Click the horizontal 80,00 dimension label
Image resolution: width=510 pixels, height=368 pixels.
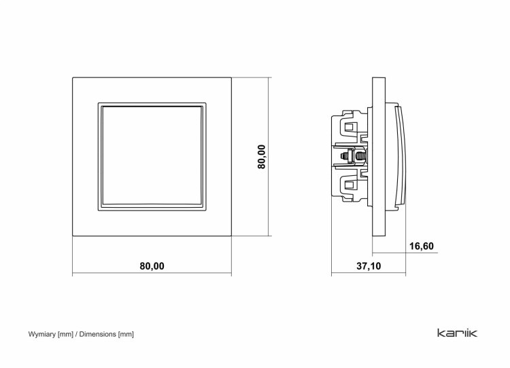click(152, 266)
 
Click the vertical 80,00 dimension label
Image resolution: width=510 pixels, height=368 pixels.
click(262, 157)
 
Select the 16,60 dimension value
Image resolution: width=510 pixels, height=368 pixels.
click(421, 246)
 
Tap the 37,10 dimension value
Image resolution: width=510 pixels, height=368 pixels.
click(369, 266)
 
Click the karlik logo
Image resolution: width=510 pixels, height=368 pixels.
click(458, 333)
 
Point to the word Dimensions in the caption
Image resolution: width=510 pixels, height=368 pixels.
click(97, 334)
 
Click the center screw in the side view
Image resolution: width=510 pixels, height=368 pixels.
click(353, 156)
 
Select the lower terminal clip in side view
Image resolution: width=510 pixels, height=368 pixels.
click(350, 187)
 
